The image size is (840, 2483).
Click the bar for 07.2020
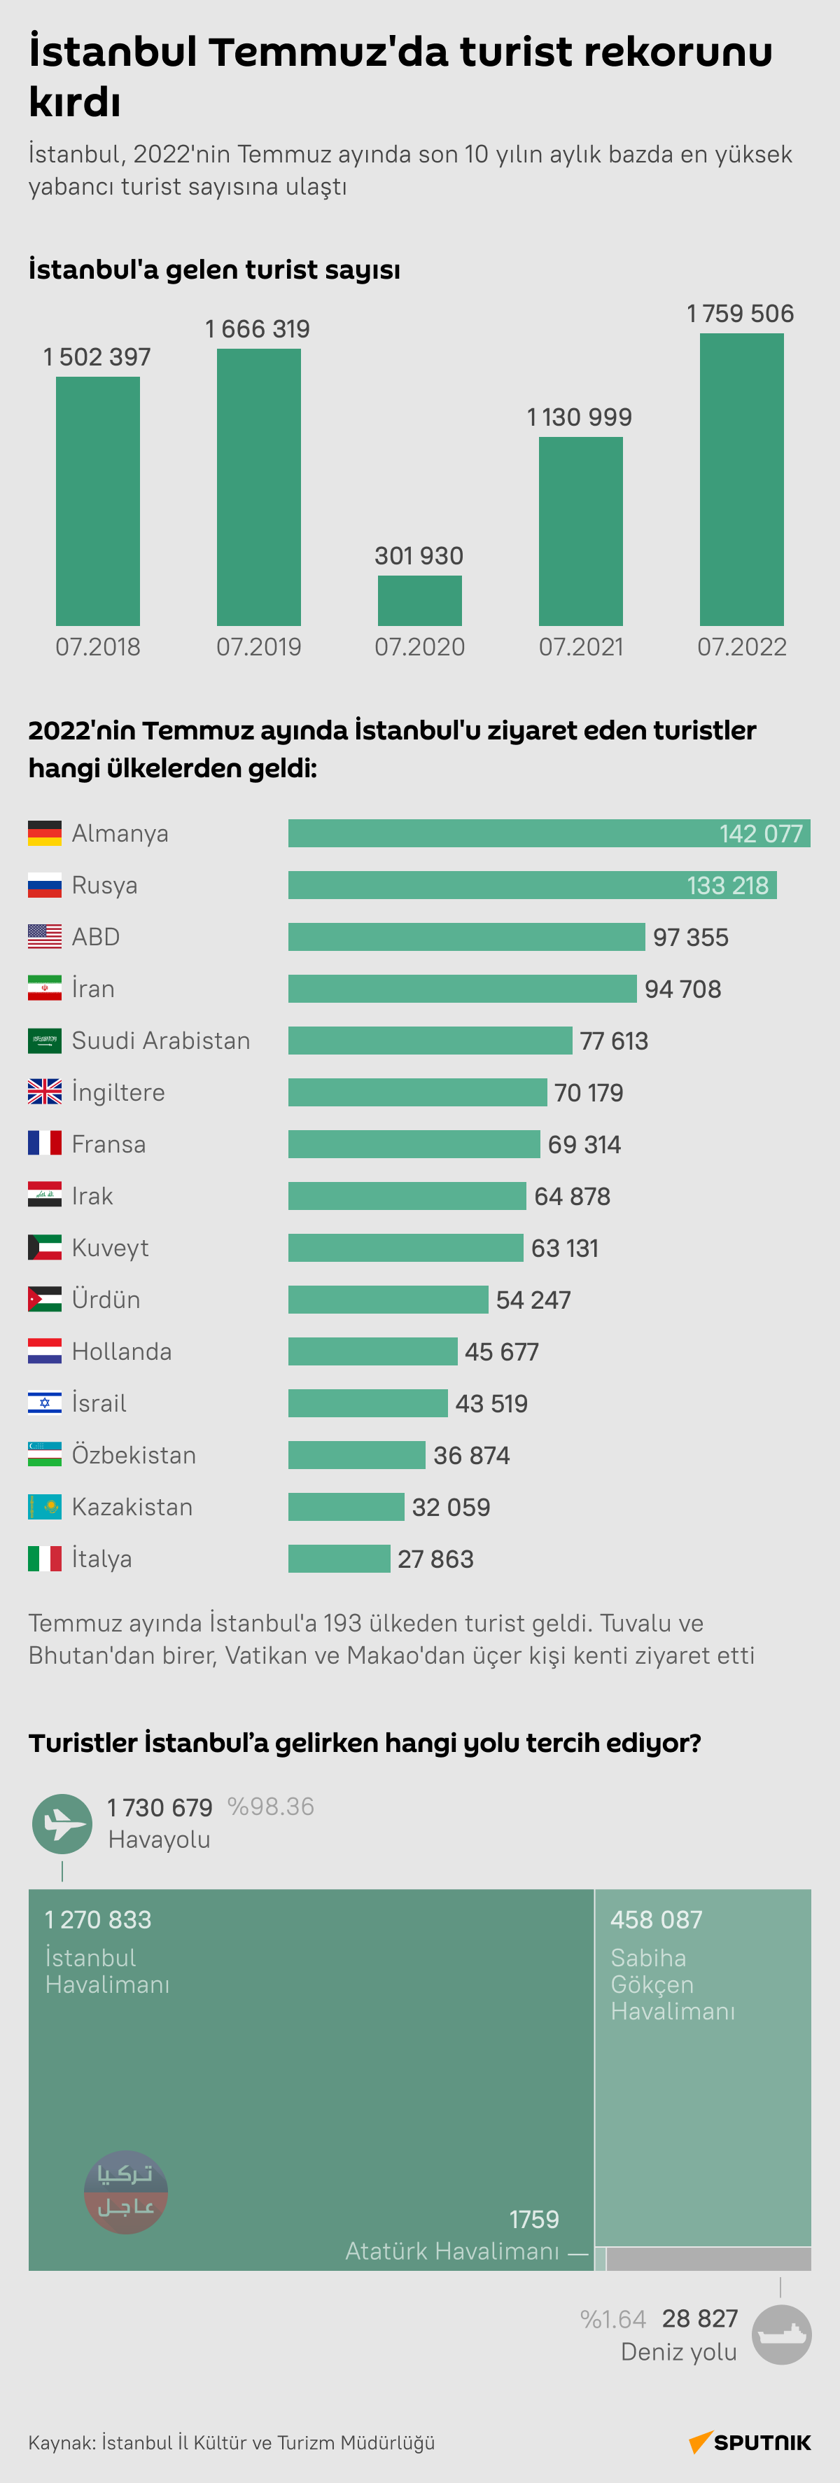point(419,601)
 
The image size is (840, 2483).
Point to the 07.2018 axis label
point(97,647)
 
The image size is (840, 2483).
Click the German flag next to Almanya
point(44,833)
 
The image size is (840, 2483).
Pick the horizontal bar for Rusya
point(532,885)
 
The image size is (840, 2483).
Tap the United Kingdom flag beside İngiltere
point(44,1092)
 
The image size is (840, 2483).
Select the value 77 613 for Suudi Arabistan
point(614,1041)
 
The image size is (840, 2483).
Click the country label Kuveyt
point(110,1249)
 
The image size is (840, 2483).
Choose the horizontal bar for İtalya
point(339,1559)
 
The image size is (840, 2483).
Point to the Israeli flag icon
point(44,1403)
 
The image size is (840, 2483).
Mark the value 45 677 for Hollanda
point(501,1352)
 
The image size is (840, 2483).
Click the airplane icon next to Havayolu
point(62,1823)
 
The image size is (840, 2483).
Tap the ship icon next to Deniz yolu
point(781,2335)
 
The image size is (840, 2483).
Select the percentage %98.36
point(271,1807)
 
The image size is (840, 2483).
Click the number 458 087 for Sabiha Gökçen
point(656,1920)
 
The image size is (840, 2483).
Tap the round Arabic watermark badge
point(126,2192)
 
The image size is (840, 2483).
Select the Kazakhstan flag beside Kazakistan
point(44,1507)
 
